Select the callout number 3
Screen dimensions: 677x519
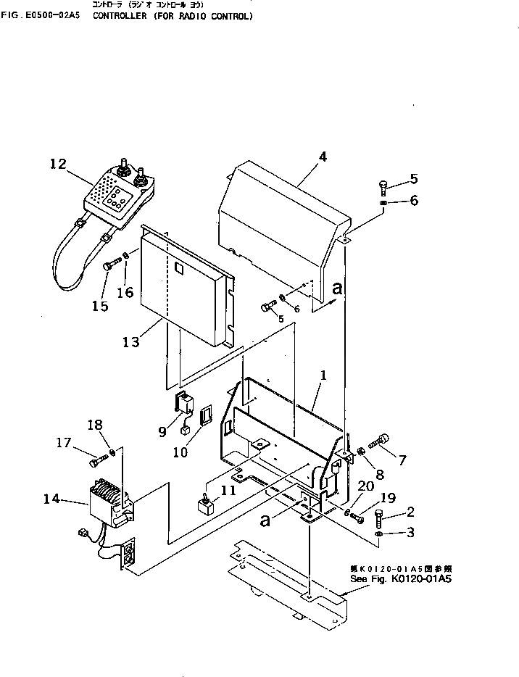410,534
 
